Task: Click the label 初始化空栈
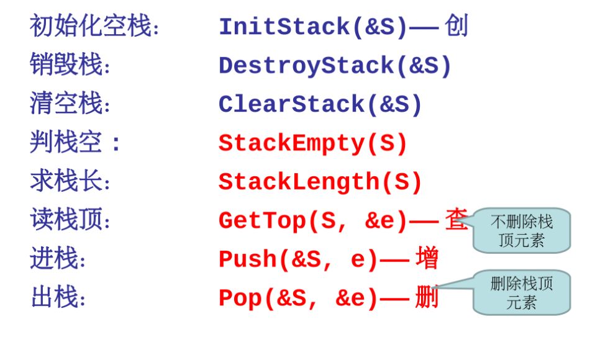pyautogui.click(x=91, y=27)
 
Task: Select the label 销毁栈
pyautogui.click(x=66, y=65)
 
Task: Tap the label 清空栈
pyautogui.click(x=66, y=104)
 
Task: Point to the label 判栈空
pyautogui.click(x=66, y=143)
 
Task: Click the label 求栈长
pyautogui.click(x=66, y=181)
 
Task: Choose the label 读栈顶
pyautogui.click(x=66, y=220)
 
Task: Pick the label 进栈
pyautogui.click(x=54, y=259)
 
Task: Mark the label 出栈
pyautogui.click(x=54, y=297)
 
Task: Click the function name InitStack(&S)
pyautogui.click(x=314, y=27)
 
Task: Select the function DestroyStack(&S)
pyautogui.click(x=335, y=66)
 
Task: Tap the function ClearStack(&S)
pyautogui.click(x=320, y=105)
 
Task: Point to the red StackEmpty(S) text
pyautogui.click(x=313, y=143)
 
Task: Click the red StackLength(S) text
pyautogui.click(x=320, y=182)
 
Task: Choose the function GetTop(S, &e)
pyautogui.click(x=313, y=221)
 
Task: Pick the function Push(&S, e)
pyautogui.click(x=298, y=259)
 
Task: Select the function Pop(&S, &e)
pyautogui.click(x=298, y=299)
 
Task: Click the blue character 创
pyautogui.click(x=456, y=26)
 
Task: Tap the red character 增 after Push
pyautogui.click(x=427, y=258)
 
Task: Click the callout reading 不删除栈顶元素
pyautogui.click(x=522, y=231)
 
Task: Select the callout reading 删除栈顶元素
pyautogui.click(x=522, y=292)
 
